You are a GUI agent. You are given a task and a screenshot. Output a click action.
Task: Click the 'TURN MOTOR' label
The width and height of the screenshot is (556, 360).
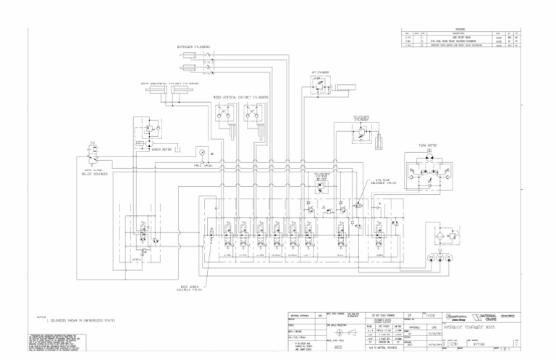click(x=427, y=146)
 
